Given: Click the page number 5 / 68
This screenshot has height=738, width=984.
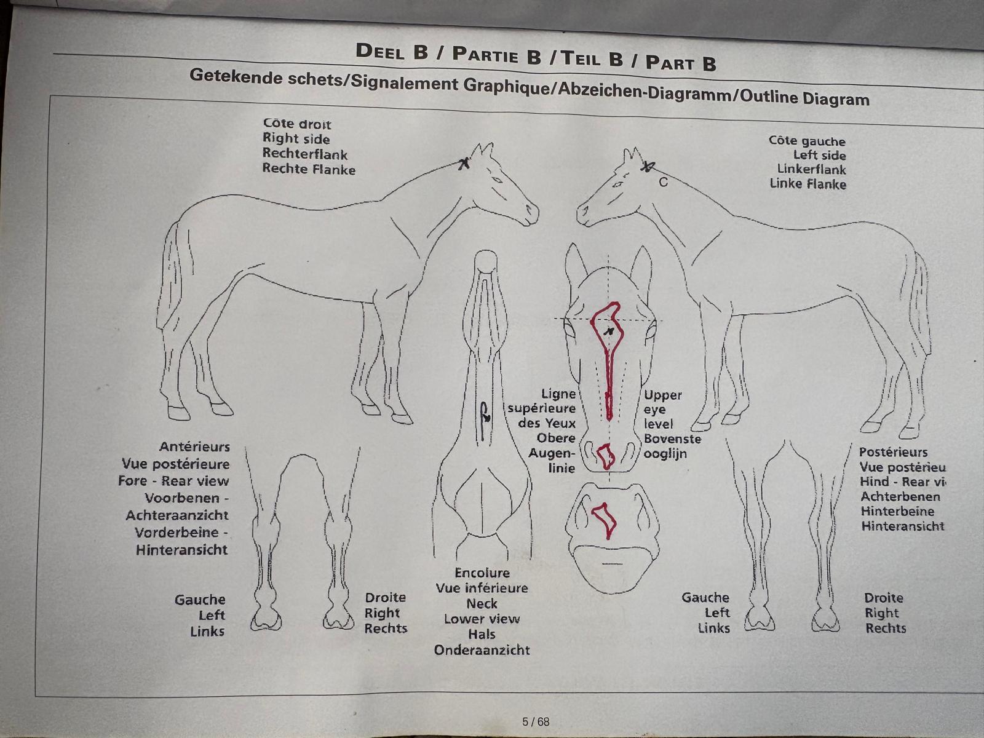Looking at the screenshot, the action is click(536, 721).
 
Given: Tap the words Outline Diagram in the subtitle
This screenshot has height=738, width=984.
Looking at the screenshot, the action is click(804, 97).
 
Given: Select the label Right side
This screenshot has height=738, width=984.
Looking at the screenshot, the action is click(296, 139).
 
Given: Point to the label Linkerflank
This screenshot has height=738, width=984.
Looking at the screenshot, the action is click(811, 169).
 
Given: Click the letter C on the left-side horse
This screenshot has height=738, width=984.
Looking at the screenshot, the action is click(664, 182).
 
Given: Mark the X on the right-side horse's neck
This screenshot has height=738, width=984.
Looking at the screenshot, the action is click(464, 164).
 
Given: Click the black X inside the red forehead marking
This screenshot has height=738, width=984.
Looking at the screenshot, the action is click(609, 331).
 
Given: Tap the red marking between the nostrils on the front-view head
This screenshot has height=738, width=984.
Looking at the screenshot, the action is click(606, 456).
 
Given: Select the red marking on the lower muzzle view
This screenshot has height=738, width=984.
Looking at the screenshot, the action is click(605, 520).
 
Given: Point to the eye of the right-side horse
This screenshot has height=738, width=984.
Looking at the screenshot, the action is click(497, 180).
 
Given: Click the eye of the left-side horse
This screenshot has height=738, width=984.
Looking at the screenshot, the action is click(618, 184).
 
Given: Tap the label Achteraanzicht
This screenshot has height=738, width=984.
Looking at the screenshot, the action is click(177, 515).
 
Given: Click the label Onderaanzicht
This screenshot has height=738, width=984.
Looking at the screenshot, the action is click(482, 650).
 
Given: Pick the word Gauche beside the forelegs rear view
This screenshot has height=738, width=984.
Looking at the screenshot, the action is click(200, 600).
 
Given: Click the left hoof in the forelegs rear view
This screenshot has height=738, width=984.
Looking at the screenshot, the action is click(266, 621).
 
